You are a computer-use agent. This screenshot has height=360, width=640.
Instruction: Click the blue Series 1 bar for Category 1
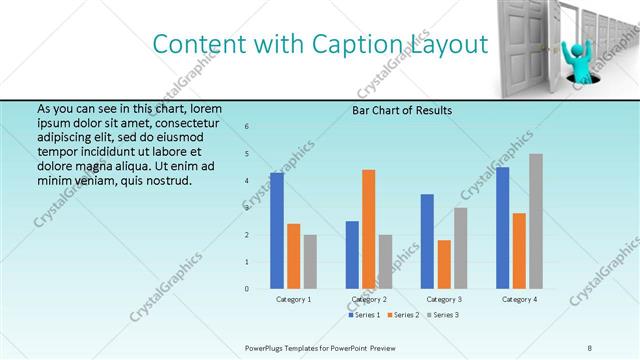click(x=277, y=231)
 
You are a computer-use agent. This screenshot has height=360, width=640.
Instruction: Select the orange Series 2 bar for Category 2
click(x=368, y=229)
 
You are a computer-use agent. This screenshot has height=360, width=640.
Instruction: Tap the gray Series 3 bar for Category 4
click(x=536, y=221)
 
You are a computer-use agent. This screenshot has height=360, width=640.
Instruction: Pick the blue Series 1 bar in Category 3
click(x=428, y=241)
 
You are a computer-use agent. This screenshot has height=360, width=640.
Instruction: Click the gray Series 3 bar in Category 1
click(x=310, y=262)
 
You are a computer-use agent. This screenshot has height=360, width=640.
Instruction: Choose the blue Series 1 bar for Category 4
click(x=503, y=228)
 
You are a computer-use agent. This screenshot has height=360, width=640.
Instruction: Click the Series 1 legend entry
click(x=365, y=315)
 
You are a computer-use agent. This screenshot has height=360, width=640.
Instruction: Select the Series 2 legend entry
click(x=404, y=315)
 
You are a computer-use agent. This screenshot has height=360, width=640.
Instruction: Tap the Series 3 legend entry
click(x=442, y=315)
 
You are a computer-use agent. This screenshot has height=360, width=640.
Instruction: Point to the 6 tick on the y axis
click(x=247, y=127)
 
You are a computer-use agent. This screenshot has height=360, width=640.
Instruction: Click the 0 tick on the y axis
click(x=247, y=289)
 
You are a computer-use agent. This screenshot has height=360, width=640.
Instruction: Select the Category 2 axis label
click(x=368, y=299)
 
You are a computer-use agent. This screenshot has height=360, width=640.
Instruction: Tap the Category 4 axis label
click(x=519, y=299)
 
